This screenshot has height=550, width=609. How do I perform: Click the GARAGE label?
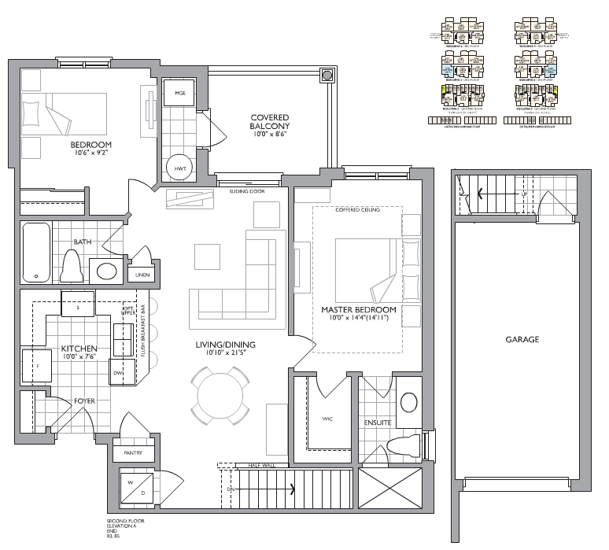[522, 340]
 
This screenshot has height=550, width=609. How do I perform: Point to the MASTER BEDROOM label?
[358, 311]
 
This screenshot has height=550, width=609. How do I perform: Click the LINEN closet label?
[142, 275]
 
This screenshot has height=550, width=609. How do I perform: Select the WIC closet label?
[327, 419]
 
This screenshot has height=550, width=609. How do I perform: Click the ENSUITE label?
[378, 423]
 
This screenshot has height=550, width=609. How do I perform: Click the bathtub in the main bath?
[37, 252]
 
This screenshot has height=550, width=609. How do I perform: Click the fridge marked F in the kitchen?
[36, 366]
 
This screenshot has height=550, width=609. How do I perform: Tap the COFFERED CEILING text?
[357, 210]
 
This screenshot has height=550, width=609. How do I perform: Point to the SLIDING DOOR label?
[245, 191]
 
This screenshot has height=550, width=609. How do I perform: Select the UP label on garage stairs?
[524, 194]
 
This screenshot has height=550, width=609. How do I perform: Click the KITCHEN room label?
[79, 349]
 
